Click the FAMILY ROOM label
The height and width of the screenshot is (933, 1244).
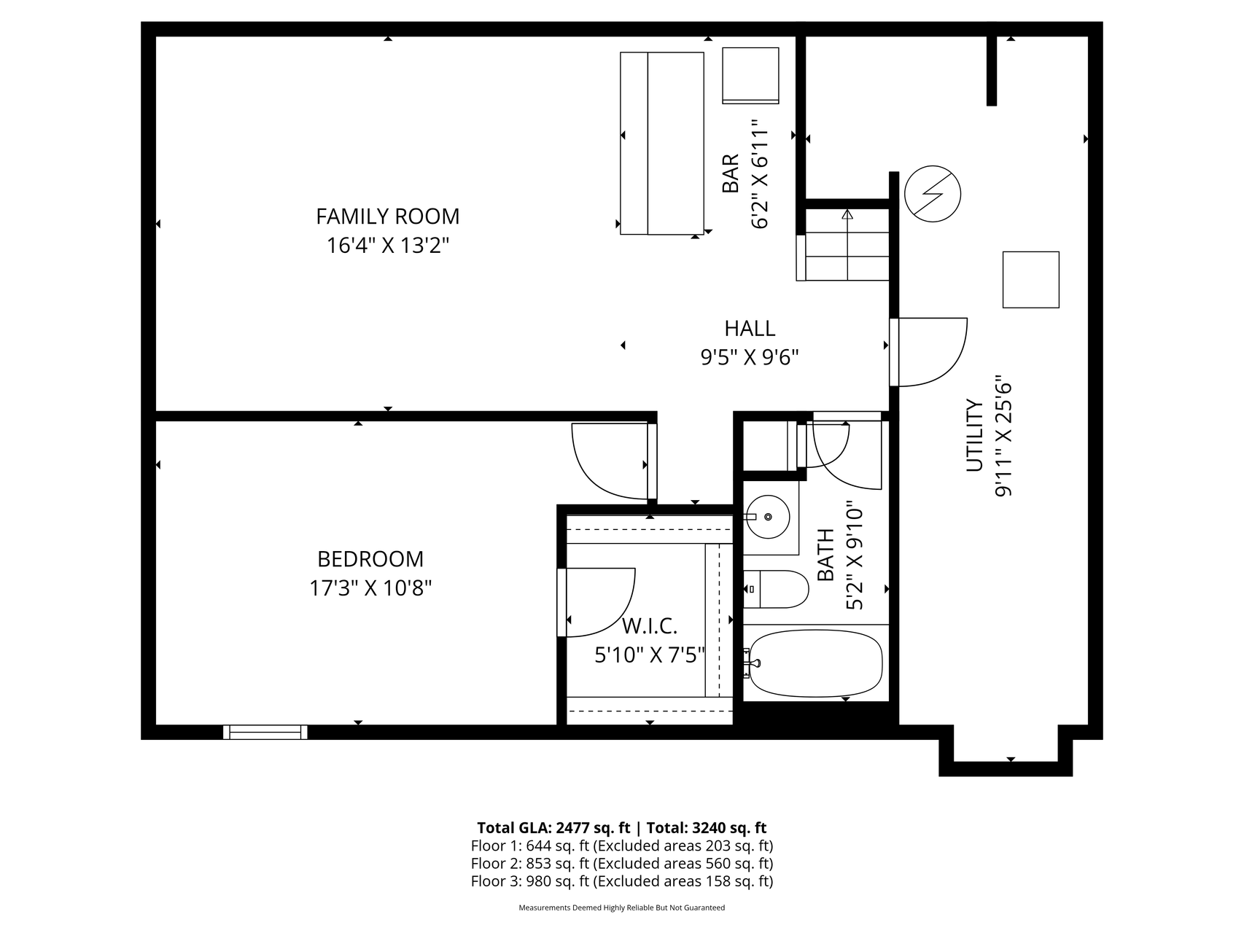[x=387, y=216]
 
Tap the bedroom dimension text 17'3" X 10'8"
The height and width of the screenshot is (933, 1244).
[x=370, y=588]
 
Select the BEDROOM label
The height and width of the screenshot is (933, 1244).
[x=370, y=559]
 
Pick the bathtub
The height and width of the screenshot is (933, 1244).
[x=815, y=663]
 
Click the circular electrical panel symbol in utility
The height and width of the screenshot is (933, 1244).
[x=933, y=194]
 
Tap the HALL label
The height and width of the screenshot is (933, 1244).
[x=750, y=329]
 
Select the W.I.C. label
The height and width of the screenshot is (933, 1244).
[x=650, y=625]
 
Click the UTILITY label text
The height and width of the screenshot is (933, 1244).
[x=975, y=435]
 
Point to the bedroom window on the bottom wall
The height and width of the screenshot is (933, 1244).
[x=265, y=732]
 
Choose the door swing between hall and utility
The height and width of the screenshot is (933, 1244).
[x=929, y=352]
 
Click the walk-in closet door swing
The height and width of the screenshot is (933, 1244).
[x=596, y=602]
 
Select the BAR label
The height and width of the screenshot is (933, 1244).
[x=731, y=173]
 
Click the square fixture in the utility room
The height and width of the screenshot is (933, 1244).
[x=1031, y=280]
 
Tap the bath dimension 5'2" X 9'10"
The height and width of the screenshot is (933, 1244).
[x=855, y=555]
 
